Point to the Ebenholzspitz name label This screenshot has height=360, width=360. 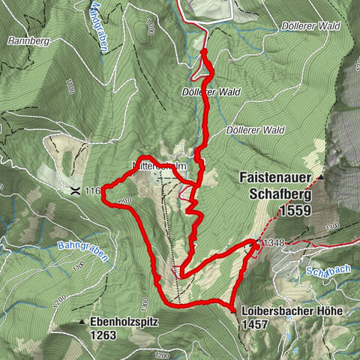[124, 322]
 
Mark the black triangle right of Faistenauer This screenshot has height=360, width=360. [319, 178]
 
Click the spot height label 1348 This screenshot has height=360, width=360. [272, 242]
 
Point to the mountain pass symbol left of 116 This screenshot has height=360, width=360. [76, 191]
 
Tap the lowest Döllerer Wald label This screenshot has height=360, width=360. [264, 130]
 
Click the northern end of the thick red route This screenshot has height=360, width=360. [205, 51]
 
